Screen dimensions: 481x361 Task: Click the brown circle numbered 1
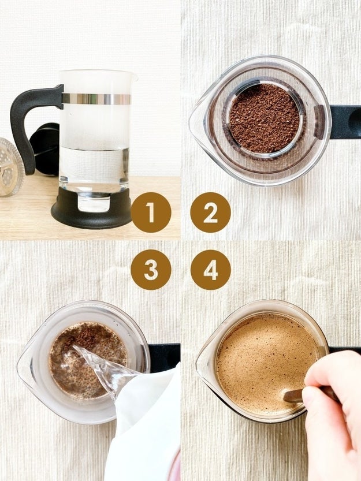[151, 212]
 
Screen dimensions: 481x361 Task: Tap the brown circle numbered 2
[210, 212]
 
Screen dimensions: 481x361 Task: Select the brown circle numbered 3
[151, 269]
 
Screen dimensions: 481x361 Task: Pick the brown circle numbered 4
[210, 269]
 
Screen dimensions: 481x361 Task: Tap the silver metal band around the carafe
[96, 99]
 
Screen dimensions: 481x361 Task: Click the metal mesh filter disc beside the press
[10, 167]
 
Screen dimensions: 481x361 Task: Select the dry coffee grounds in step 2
[264, 118]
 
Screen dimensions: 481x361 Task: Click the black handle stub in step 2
[345, 121]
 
